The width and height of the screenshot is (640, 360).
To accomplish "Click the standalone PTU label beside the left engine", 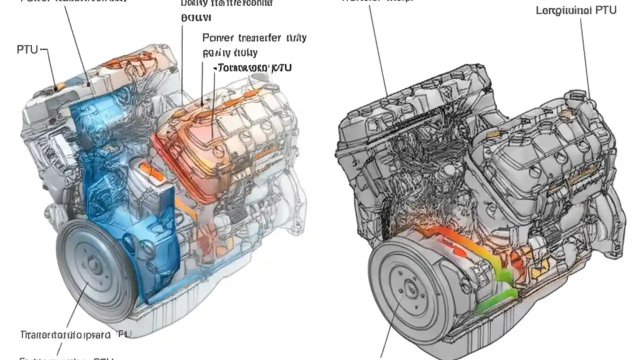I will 27,49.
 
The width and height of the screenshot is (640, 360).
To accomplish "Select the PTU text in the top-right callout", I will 605,10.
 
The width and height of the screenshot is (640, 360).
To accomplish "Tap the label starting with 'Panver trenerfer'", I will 254,38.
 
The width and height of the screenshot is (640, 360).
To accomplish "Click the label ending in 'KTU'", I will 253,67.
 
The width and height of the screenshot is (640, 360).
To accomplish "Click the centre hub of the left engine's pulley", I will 93,264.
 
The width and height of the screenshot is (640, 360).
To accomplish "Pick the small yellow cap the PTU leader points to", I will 59,87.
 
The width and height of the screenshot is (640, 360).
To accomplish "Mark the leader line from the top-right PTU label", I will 584,55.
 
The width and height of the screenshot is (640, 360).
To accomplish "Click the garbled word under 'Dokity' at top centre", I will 196,17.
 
